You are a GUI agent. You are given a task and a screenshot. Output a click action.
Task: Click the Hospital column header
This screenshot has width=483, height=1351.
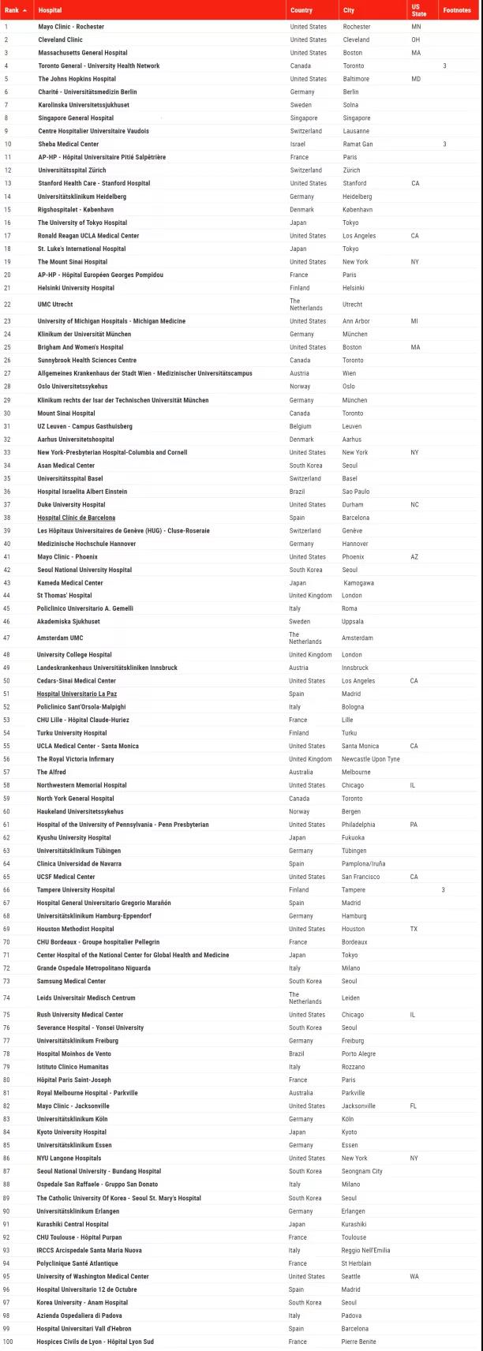[51, 10]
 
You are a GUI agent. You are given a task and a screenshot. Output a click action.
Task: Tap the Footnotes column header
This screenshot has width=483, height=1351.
[457, 10]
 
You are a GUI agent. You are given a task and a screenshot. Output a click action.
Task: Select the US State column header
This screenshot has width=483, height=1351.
[418, 10]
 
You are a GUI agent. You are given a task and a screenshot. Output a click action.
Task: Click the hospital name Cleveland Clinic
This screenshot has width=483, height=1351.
[60, 39]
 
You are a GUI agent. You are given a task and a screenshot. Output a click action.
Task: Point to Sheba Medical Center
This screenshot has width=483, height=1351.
[69, 144]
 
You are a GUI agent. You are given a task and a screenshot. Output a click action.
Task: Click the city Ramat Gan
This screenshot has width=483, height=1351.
[358, 144]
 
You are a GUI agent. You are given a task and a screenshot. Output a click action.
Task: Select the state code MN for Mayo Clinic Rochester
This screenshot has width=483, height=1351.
[416, 27]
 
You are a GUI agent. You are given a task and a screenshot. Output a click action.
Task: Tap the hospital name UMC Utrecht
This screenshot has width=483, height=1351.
[55, 305]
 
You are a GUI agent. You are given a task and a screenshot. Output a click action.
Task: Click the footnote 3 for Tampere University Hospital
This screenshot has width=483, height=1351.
[444, 890]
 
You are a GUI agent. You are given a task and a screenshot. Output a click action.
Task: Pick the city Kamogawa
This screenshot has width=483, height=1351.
[358, 583]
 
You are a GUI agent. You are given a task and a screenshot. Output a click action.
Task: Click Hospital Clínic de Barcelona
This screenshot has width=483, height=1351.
[76, 518]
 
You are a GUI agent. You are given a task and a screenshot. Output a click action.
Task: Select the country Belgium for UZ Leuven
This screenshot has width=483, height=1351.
[301, 426]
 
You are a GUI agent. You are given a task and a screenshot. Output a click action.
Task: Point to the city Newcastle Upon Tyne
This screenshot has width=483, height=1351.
[370, 759]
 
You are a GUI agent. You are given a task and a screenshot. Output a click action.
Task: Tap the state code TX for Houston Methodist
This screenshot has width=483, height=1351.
[414, 929]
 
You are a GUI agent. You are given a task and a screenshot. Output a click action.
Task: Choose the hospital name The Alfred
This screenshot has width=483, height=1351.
[51, 772]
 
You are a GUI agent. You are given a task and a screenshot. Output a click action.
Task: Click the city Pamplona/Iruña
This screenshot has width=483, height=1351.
[363, 864]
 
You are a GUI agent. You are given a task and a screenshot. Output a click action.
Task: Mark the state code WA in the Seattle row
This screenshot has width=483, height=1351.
[414, 1276]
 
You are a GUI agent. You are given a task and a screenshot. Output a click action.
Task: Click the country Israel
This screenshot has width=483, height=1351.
[298, 144]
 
